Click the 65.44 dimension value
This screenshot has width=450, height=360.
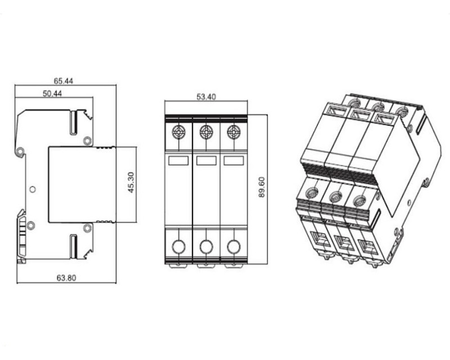(x=64, y=81)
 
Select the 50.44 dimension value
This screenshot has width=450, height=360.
(x=52, y=93)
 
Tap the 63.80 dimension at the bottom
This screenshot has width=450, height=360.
(x=66, y=278)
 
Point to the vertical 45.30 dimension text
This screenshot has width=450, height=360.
(x=130, y=182)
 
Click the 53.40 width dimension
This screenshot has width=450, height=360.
(x=206, y=97)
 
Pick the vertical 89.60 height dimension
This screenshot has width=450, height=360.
(x=262, y=187)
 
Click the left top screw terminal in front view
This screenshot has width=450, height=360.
(x=178, y=132)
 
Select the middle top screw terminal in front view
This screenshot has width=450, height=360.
(x=206, y=132)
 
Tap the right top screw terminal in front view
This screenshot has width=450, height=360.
(x=233, y=132)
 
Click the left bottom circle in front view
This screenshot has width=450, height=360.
(x=178, y=246)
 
